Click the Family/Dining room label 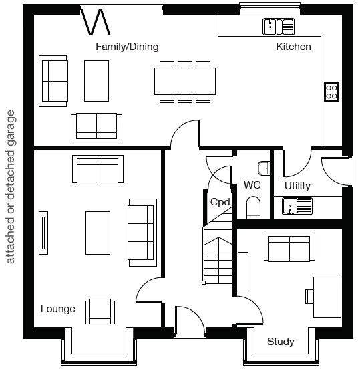pyautogui.click(x=127, y=47)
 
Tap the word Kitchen pyautogui.click(x=293, y=47)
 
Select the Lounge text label pyautogui.click(x=58, y=309)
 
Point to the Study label pyautogui.click(x=281, y=342)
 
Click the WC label pyautogui.click(x=252, y=185)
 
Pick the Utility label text pyautogui.click(x=297, y=186)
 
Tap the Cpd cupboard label pyautogui.click(x=220, y=202)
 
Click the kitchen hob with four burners pyautogui.click(x=331, y=92)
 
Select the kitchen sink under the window pyautogui.click(x=279, y=27)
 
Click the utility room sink pyautogui.click(x=297, y=206)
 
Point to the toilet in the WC pyautogui.click(x=253, y=207)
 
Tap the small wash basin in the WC pyautogui.click(x=264, y=168)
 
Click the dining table pyautogui.click(x=185, y=81)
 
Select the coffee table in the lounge pyautogui.click(x=98, y=233)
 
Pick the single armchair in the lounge pyautogui.click(x=100, y=312)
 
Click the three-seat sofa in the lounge pyautogui.click(x=142, y=233)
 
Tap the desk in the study pyautogui.click(x=327, y=297)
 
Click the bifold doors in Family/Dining pyautogui.click(x=96, y=22)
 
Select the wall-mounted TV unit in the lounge pyautogui.click(x=43, y=233)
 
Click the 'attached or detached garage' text pyautogui.click(x=11, y=187)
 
